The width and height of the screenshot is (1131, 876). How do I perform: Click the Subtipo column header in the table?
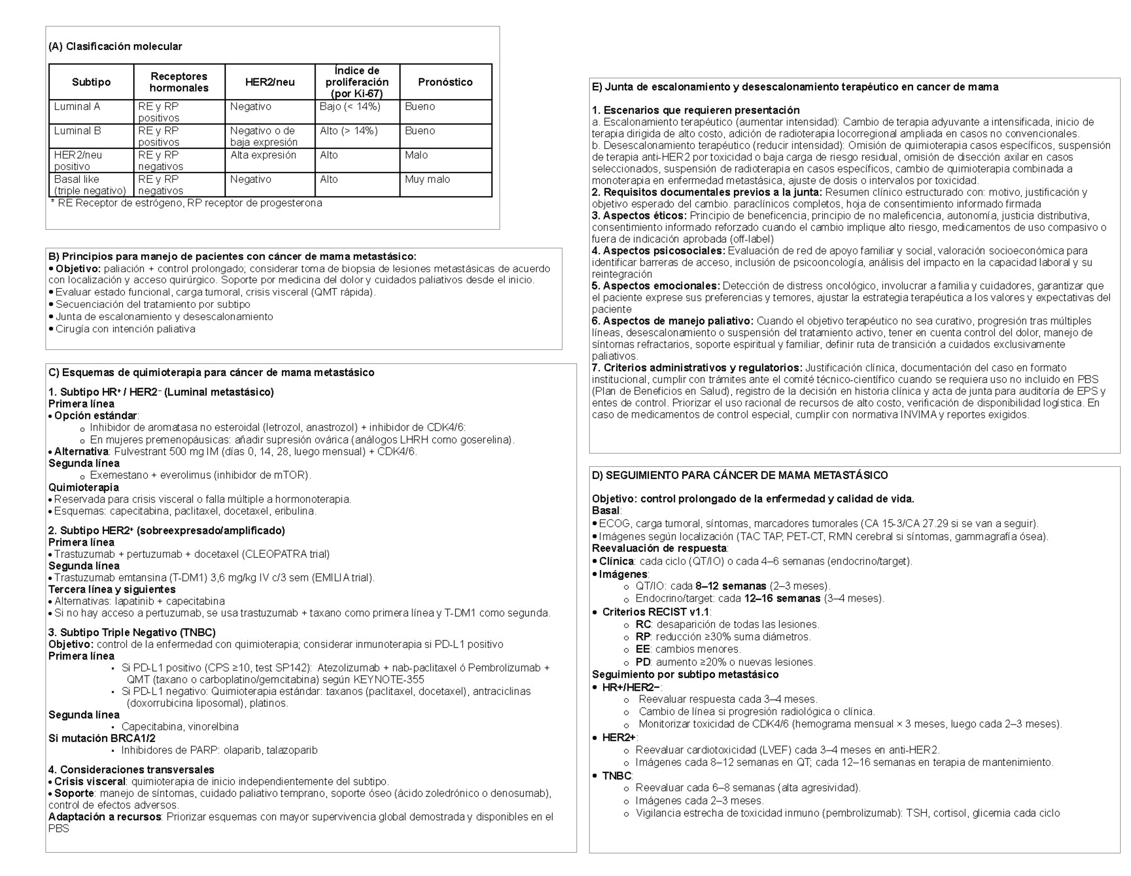tap(91, 82)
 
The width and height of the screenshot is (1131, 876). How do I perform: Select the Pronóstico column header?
tap(445, 82)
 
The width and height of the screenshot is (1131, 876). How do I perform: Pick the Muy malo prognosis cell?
tap(427, 179)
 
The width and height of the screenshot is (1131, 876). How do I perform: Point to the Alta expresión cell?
tap(263, 155)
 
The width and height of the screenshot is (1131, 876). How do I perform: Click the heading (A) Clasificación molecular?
tap(115, 46)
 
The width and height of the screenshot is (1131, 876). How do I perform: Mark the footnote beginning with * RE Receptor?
tap(187, 203)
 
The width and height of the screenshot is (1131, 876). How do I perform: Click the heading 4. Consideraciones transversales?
tap(131, 770)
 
